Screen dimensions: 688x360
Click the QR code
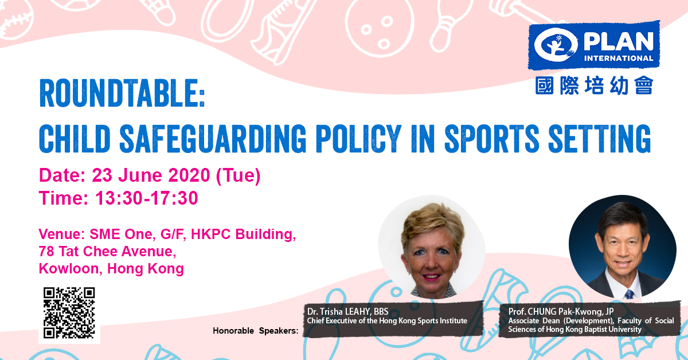(x=69, y=312)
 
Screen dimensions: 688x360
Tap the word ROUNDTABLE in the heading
(x=119, y=93)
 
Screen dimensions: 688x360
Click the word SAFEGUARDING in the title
(x=213, y=139)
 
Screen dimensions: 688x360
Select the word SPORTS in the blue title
(x=492, y=139)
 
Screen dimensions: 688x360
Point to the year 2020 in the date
(x=189, y=175)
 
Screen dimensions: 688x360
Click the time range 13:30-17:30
(x=147, y=198)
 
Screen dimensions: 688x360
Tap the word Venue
(x=62, y=234)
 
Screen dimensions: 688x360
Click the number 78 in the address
(x=46, y=252)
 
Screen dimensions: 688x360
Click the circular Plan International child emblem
(x=556, y=45)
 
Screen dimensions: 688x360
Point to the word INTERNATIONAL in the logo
(x=619, y=58)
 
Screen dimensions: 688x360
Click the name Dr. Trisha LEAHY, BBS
(x=347, y=311)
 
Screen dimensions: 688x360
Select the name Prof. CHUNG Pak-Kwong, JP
(x=561, y=311)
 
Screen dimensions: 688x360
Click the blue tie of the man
(x=629, y=294)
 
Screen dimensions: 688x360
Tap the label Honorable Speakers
(x=256, y=331)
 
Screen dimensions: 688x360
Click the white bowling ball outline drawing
(x=380, y=27)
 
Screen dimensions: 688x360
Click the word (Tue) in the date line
(x=239, y=175)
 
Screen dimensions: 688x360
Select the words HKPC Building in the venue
(x=243, y=234)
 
